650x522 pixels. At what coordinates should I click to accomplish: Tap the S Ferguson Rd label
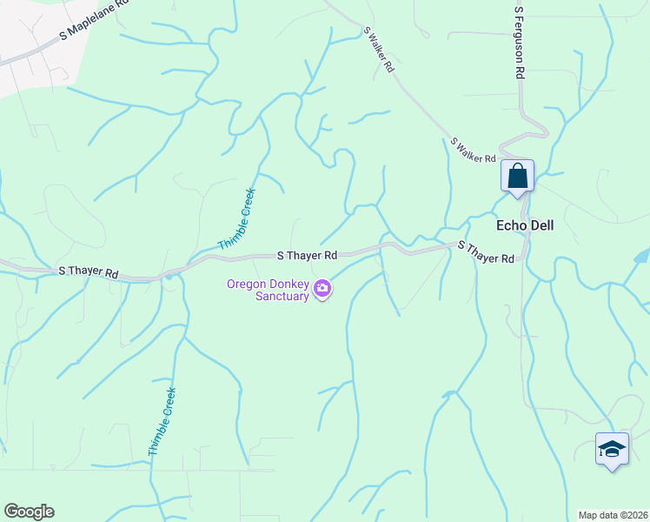pyautogui.click(x=519, y=44)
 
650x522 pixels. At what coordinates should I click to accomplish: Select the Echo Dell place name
pyautogui.click(x=524, y=224)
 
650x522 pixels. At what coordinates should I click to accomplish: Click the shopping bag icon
pyautogui.click(x=517, y=176)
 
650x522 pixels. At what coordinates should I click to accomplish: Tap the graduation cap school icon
pyautogui.click(x=612, y=449)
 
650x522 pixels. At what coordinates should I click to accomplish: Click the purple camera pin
pyautogui.click(x=322, y=288)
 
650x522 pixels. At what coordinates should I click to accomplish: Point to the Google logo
pyautogui.click(x=29, y=512)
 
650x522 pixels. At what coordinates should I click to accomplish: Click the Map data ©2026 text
pyautogui.click(x=613, y=515)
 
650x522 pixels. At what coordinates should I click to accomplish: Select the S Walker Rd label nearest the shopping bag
pyautogui.click(x=472, y=150)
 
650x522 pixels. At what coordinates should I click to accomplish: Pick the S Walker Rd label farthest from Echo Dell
pyautogui.click(x=380, y=49)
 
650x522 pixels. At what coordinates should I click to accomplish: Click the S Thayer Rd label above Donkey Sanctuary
pyautogui.click(x=307, y=256)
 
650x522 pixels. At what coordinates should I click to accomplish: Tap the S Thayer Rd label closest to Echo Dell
pyautogui.click(x=486, y=252)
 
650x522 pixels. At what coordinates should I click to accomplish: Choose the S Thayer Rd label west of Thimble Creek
pyautogui.click(x=89, y=271)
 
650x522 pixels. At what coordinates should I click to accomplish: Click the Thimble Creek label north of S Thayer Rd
pyautogui.click(x=236, y=218)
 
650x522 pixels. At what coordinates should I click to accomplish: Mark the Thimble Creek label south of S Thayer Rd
pyautogui.click(x=162, y=422)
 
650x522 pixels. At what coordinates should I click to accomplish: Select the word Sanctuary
pyautogui.click(x=282, y=296)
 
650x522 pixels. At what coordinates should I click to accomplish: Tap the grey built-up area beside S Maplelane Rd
pyautogui.click(x=26, y=70)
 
